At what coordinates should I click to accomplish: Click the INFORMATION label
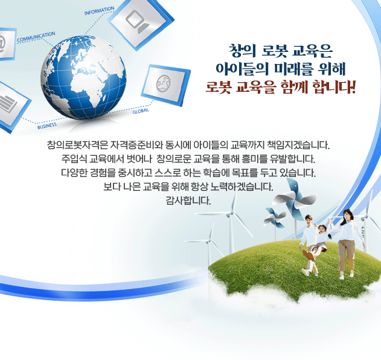(99, 11)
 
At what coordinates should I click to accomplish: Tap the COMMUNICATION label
(36, 37)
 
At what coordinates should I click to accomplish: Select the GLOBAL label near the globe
(141, 111)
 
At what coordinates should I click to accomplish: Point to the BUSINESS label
(47, 126)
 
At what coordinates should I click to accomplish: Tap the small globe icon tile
(165, 85)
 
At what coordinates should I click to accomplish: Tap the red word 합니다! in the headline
(334, 87)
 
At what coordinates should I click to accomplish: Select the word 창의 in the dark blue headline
(242, 51)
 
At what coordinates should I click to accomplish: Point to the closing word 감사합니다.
(188, 201)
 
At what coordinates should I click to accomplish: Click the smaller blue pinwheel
(275, 218)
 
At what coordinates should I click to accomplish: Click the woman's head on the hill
(347, 215)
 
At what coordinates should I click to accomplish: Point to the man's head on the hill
(309, 220)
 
